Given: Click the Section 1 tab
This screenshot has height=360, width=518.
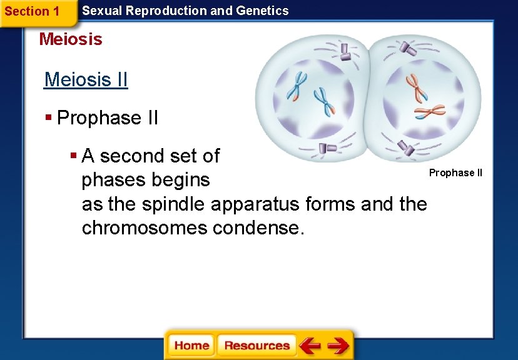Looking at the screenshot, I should pyautogui.click(x=33, y=11).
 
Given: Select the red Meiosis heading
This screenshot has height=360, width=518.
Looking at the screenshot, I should pyautogui.click(x=71, y=39).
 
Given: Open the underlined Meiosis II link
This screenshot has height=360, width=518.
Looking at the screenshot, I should pyautogui.click(x=86, y=80).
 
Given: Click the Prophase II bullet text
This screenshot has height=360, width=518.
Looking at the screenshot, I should pyautogui.click(x=108, y=117).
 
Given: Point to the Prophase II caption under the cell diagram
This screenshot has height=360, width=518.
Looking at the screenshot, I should pyautogui.click(x=455, y=172).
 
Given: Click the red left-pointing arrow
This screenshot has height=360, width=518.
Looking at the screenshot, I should pyautogui.click(x=310, y=345).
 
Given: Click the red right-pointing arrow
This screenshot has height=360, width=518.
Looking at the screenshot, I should pyautogui.click(x=338, y=345).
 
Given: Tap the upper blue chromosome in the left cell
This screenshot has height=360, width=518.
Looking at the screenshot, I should pyautogui.click(x=297, y=85).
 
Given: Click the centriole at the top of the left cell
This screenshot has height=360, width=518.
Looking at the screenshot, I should pyautogui.click(x=345, y=52).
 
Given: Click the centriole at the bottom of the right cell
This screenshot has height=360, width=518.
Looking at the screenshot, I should pyautogui.click(x=406, y=148).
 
